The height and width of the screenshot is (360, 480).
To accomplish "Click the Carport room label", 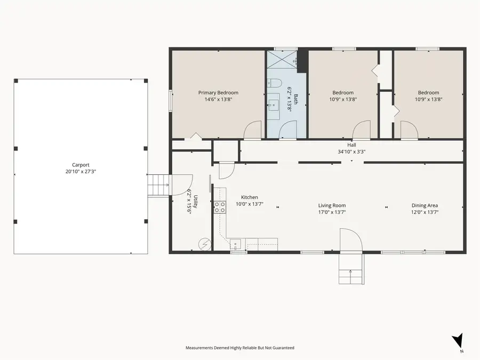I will (81, 165).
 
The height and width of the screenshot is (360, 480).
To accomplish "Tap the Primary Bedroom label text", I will (218, 93).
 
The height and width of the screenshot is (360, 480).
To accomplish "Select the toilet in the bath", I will (274, 83).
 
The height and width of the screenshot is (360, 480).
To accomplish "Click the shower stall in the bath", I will (282, 59).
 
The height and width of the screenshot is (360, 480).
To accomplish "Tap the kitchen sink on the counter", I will (236, 245).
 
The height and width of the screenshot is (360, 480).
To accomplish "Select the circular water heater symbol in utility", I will (205, 244).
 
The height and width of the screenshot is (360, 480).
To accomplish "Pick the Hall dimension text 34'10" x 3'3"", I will (351, 151).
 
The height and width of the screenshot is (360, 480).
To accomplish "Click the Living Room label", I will (332, 205).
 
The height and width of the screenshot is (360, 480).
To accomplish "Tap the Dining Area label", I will (425, 205).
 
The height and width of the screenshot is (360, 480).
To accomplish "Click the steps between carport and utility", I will (158, 185).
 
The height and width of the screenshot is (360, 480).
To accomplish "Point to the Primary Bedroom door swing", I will (253, 130).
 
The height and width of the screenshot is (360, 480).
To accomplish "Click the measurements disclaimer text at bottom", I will (239, 348).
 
